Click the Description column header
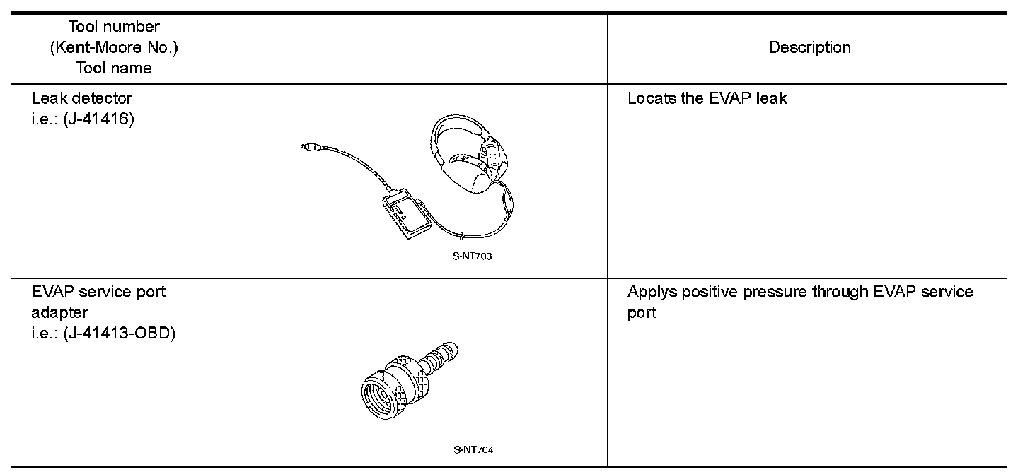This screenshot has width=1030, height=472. (809, 48)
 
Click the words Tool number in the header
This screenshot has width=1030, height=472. (114, 28)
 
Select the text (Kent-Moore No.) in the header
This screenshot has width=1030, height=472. (114, 48)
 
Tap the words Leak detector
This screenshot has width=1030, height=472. (82, 98)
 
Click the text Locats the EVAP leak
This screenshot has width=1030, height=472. (707, 98)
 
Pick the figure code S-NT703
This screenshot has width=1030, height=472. (472, 256)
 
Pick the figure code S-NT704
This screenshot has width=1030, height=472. (473, 449)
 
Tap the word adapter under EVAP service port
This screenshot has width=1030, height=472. (60, 312)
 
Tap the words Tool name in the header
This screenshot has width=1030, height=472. (114, 68)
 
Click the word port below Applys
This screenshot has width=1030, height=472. (642, 312)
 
